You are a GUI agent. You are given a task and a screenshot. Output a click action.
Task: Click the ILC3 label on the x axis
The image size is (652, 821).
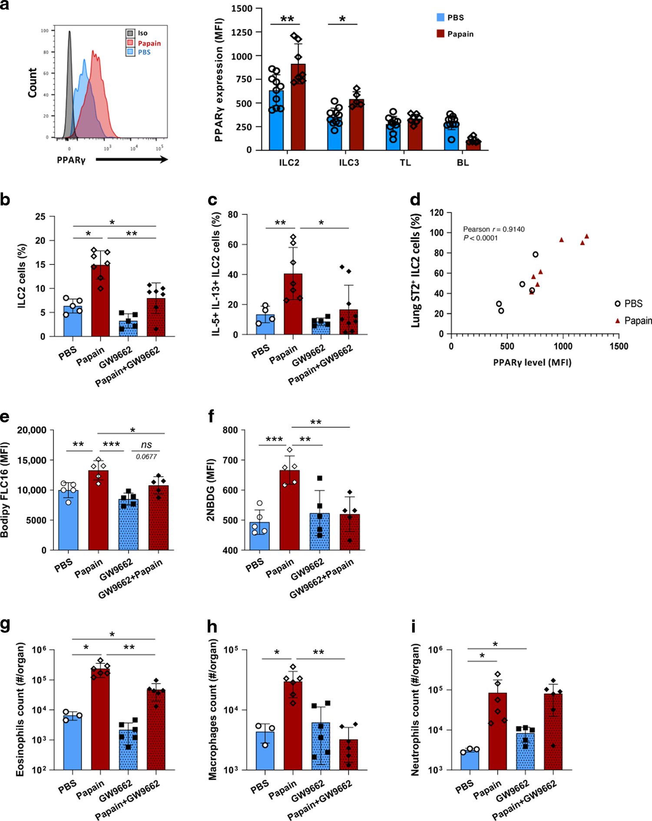click(349, 163)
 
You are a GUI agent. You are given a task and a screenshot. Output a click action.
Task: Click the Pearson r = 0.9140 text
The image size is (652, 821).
click(493, 229)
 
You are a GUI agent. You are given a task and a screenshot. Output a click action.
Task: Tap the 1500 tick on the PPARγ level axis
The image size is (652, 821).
click(619, 346)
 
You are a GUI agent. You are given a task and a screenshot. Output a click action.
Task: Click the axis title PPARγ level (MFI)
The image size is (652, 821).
click(532, 363)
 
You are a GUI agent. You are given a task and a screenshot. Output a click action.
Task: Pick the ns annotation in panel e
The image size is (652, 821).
click(146, 445)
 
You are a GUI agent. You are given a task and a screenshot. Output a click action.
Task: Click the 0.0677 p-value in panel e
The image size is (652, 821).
click(146, 456)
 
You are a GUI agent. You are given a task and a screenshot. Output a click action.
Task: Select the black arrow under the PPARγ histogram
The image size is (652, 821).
click(132, 159)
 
